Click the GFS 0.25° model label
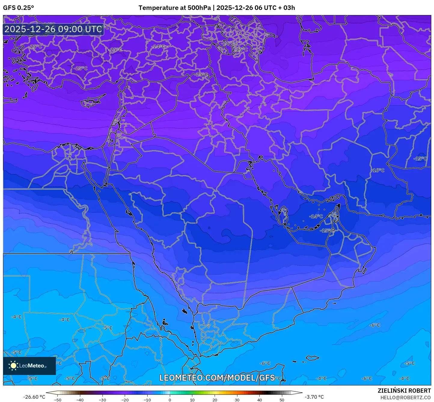18,8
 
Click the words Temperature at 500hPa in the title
175,8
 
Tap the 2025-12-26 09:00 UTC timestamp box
53,29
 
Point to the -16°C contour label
378,170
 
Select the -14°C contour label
316,216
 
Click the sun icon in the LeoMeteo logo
13,366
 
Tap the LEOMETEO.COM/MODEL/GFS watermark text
217,378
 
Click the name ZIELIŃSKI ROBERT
404,391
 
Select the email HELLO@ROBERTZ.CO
405,397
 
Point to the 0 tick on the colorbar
170,400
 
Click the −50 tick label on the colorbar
57,400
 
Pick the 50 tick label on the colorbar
282,400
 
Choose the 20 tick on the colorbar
215,400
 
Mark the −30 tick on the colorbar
102,400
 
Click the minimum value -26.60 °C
34,397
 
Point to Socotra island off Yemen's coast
313,358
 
